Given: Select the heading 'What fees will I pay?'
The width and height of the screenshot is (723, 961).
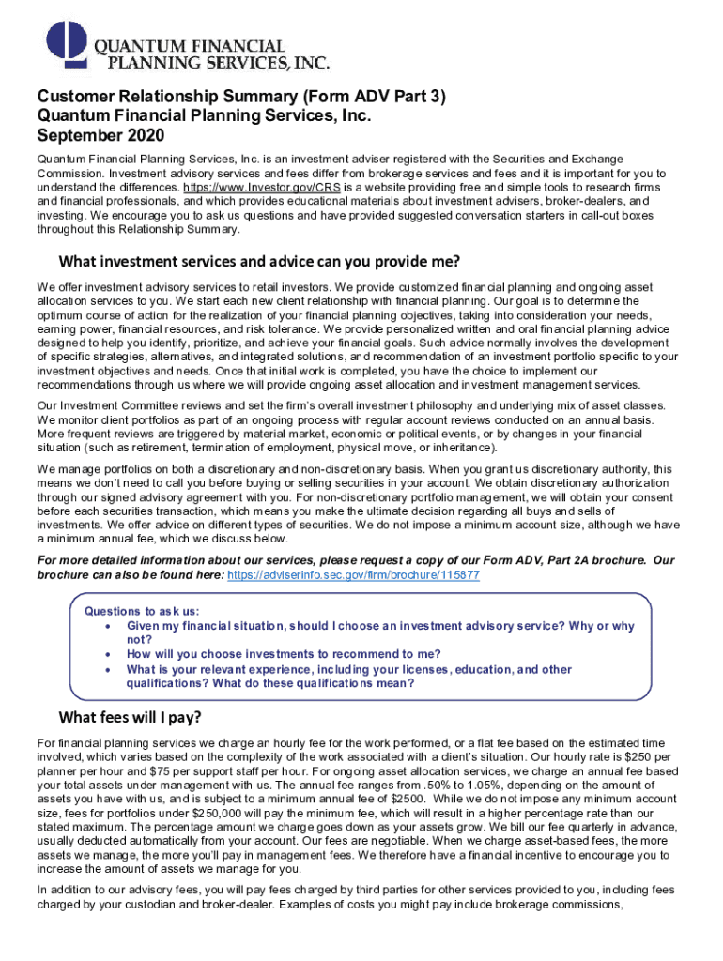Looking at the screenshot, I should pyautogui.click(x=131, y=719).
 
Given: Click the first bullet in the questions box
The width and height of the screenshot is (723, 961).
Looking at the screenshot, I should pyautogui.click(x=112, y=626).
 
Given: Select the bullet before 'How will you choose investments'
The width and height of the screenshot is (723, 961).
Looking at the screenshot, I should pyautogui.click(x=112, y=654).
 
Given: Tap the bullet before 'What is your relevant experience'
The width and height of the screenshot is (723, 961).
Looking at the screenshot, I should pyautogui.click(x=112, y=670).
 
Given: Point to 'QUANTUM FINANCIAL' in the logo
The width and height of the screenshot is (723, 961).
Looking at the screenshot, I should pyautogui.click(x=189, y=45).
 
